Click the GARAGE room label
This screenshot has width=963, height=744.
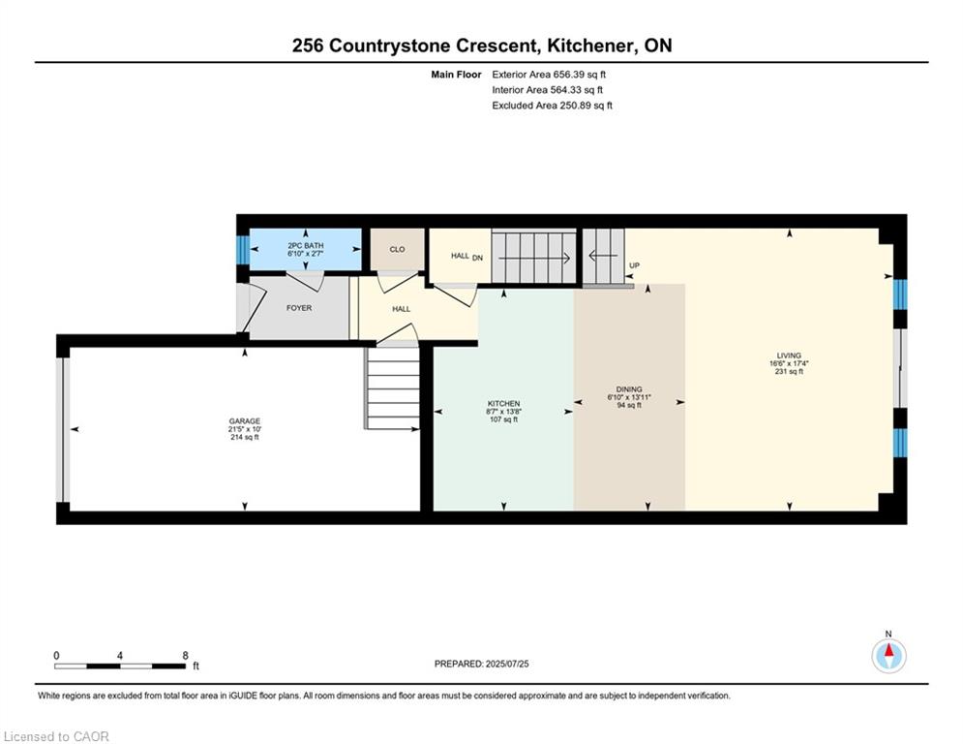tap(245, 421)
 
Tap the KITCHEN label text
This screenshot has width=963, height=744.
tap(503, 404)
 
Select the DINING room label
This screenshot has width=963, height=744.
tap(629, 389)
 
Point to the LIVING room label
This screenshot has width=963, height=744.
tap(789, 356)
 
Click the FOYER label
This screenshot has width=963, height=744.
tap(299, 308)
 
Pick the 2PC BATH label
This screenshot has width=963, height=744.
tap(305, 245)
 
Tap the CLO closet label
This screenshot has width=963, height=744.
tap(398, 249)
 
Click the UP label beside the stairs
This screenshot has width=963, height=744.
tap(635, 265)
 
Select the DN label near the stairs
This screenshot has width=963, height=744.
tap(477, 259)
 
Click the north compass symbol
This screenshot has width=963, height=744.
tap(888, 655)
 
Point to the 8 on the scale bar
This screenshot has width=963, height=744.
tap(186, 656)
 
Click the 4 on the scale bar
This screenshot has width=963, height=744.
tap(120, 656)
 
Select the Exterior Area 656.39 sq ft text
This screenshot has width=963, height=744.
tap(549, 75)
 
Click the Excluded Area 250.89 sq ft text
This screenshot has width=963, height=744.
tap(552, 106)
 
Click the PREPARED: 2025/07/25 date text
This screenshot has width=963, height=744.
tap(482, 664)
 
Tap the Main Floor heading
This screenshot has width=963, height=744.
tap(456, 75)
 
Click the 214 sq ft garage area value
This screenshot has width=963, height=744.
tap(245, 437)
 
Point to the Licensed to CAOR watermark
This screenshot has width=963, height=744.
tap(56, 736)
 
